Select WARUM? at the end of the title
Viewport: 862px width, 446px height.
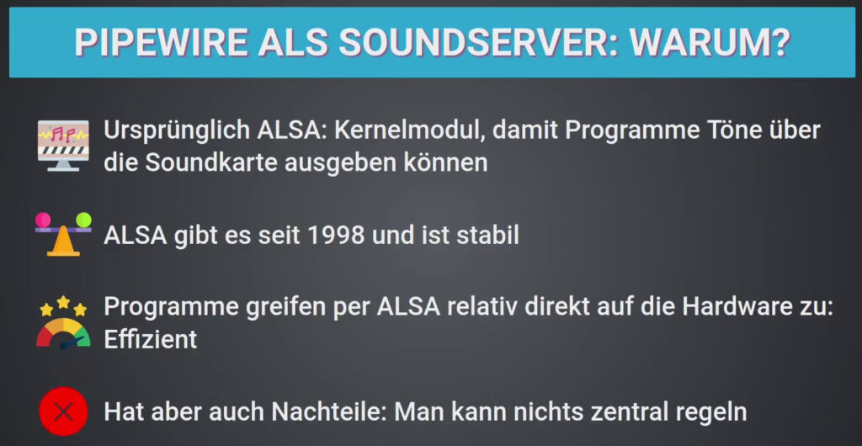(x=710, y=42)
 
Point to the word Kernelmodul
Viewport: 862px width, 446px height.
(x=410, y=130)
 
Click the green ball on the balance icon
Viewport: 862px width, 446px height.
(x=83, y=220)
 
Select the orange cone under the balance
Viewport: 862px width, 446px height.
(x=63, y=243)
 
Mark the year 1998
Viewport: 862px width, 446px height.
(x=335, y=236)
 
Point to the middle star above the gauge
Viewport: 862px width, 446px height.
(x=63, y=301)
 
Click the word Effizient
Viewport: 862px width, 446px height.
(x=151, y=339)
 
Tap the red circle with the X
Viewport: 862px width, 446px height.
(x=63, y=411)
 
